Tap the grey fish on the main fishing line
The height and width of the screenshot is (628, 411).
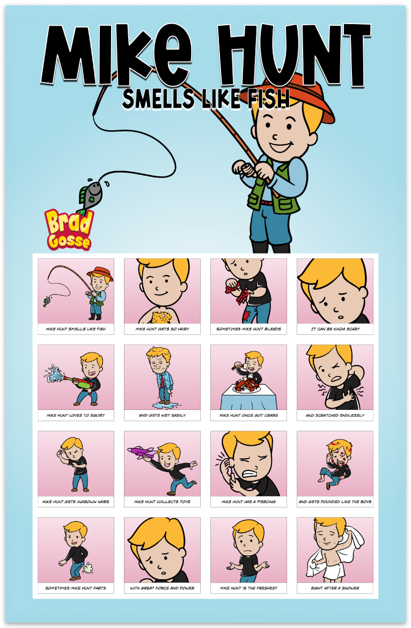pyautogui.click(x=90, y=196)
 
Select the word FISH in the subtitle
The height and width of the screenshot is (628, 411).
pyautogui.click(x=268, y=99)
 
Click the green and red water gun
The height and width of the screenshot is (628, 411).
pyautogui.click(x=80, y=381)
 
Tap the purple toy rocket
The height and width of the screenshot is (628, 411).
pyautogui.click(x=142, y=452)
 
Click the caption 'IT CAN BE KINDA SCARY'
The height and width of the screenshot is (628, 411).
pyautogui.click(x=335, y=329)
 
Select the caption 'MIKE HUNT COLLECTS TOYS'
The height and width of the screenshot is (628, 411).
pyautogui.click(x=162, y=502)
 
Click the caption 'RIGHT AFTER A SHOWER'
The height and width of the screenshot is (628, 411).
pyautogui.click(x=335, y=588)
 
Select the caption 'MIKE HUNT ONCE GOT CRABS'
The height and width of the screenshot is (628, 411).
pyautogui.click(x=248, y=416)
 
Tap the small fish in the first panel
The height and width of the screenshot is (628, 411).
pyautogui.click(x=47, y=301)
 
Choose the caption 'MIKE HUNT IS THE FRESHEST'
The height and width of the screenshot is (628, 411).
pyautogui.click(x=248, y=588)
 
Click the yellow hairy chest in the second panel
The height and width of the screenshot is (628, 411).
pyautogui.click(x=160, y=316)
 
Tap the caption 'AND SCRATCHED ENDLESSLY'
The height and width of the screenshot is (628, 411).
pyautogui.click(x=335, y=416)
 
